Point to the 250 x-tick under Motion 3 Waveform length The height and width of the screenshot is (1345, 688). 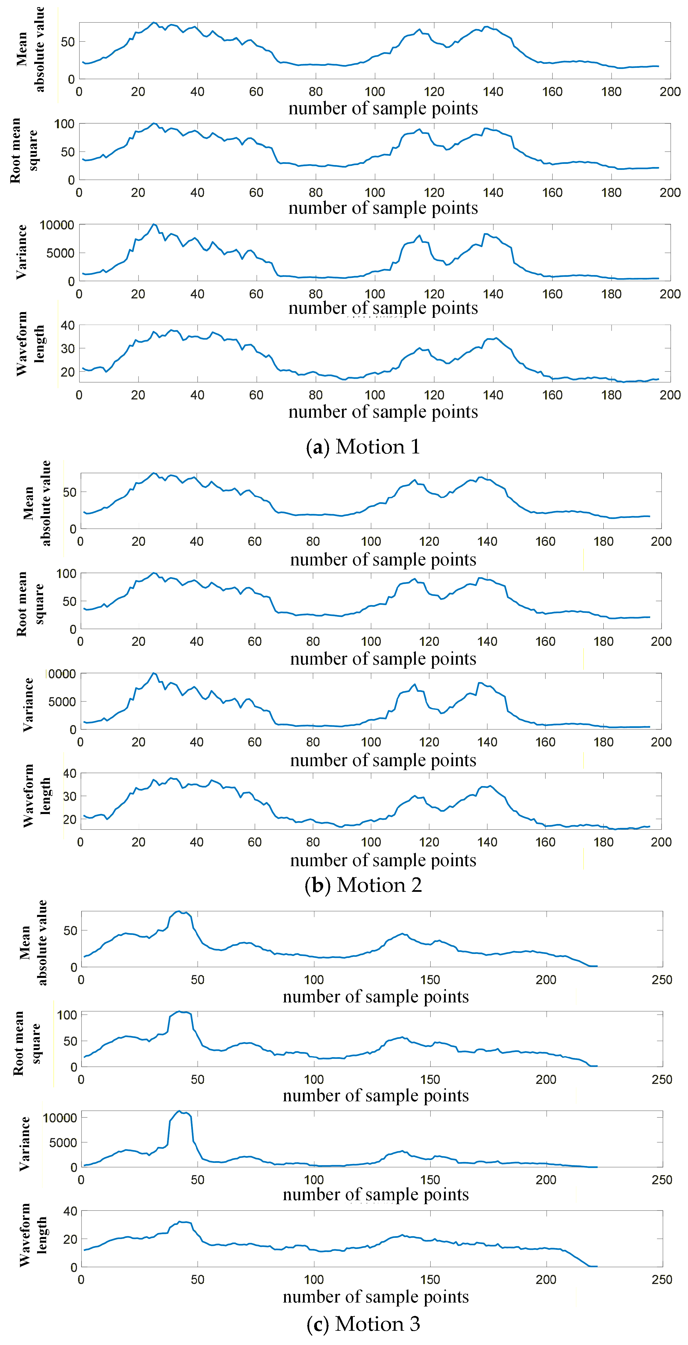tap(662, 1279)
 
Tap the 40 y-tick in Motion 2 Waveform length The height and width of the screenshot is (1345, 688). tap(70, 773)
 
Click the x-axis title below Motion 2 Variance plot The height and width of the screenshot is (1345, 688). tap(383, 760)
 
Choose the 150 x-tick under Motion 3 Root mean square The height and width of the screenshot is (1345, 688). tap(430, 1079)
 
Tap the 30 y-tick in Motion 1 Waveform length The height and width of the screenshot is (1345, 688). tap(68, 348)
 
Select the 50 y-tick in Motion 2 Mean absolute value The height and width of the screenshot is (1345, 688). tap(70, 492)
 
